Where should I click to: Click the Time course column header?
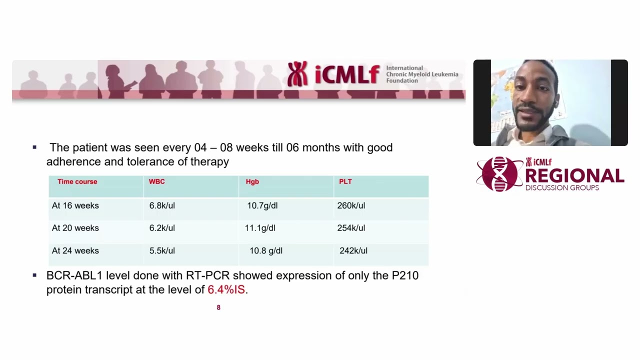pos(77,181)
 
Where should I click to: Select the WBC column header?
pos(156,181)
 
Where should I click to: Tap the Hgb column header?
pos(252,181)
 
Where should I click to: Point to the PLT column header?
pos(345,181)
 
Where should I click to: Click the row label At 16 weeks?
pos(75,205)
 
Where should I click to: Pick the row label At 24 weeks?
pos(75,251)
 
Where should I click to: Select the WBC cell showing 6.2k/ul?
pos(162,228)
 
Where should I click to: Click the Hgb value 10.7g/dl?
pos(262,205)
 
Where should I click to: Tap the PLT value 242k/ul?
pos(353,251)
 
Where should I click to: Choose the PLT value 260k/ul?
pos(351,205)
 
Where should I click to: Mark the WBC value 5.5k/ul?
pos(162,251)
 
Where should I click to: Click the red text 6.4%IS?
pos(226,289)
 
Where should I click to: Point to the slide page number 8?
pos(218,307)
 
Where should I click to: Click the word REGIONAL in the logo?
pos(574,175)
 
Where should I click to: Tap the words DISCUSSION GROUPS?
pos(562,188)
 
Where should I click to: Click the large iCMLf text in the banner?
pos(347,74)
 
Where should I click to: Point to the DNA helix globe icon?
pos(499,174)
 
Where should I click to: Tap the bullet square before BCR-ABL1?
pos(34,275)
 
